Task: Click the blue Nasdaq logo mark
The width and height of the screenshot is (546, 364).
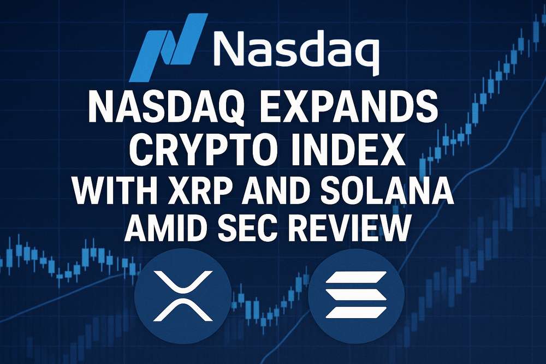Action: click(169, 47)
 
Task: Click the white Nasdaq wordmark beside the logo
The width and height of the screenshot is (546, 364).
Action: click(295, 50)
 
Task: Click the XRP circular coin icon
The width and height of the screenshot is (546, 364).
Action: click(183, 296)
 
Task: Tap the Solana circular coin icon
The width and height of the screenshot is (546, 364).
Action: click(356, 296)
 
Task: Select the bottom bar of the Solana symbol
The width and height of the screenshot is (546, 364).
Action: click(356, 313)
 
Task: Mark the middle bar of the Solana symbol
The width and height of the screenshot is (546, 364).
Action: click(356, 294)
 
